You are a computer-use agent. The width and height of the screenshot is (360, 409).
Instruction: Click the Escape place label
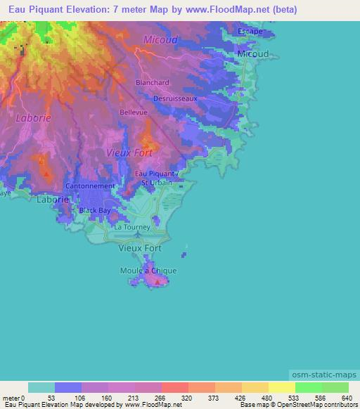click(250, 32)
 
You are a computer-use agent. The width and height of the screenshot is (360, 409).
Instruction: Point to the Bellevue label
click(134, 112)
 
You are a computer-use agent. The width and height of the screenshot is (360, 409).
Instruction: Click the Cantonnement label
click(89, 186)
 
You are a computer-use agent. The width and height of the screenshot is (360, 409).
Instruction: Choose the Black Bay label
click(95, 210)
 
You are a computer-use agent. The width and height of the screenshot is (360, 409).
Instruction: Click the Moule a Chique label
click(148, 271)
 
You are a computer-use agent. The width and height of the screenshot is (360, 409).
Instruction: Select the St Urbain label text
click(156, 183)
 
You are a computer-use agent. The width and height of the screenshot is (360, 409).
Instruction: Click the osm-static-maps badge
click(323, 376)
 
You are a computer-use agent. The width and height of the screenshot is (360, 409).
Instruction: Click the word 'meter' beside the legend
click(10, 397)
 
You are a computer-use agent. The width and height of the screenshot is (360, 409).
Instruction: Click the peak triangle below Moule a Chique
click(156, 282)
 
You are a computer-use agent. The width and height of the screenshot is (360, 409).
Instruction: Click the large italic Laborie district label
click(34, 118)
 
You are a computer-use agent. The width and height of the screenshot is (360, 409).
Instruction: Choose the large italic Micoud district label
click(160, 40)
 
